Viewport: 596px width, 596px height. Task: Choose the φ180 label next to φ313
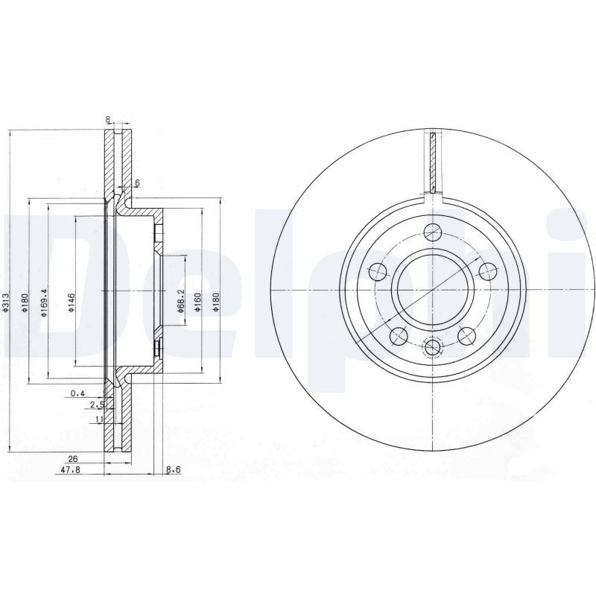tap(25, 304)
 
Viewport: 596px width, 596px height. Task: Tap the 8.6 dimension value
tap(173, 471)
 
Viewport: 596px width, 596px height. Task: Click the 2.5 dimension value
tap(96, 405)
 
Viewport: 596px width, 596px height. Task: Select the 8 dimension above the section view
tap(108, 118)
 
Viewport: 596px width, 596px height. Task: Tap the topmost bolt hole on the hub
tap(431, 232)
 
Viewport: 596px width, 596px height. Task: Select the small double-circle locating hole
tap(431, 346)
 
